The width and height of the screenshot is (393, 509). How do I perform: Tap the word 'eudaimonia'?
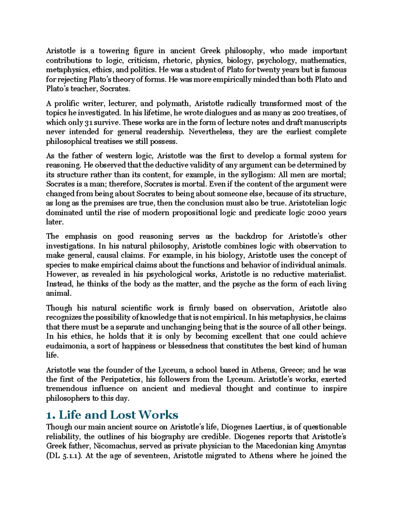67,346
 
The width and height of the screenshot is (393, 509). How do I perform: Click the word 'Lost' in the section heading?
123,415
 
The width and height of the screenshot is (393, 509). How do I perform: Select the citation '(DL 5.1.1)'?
64,456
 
